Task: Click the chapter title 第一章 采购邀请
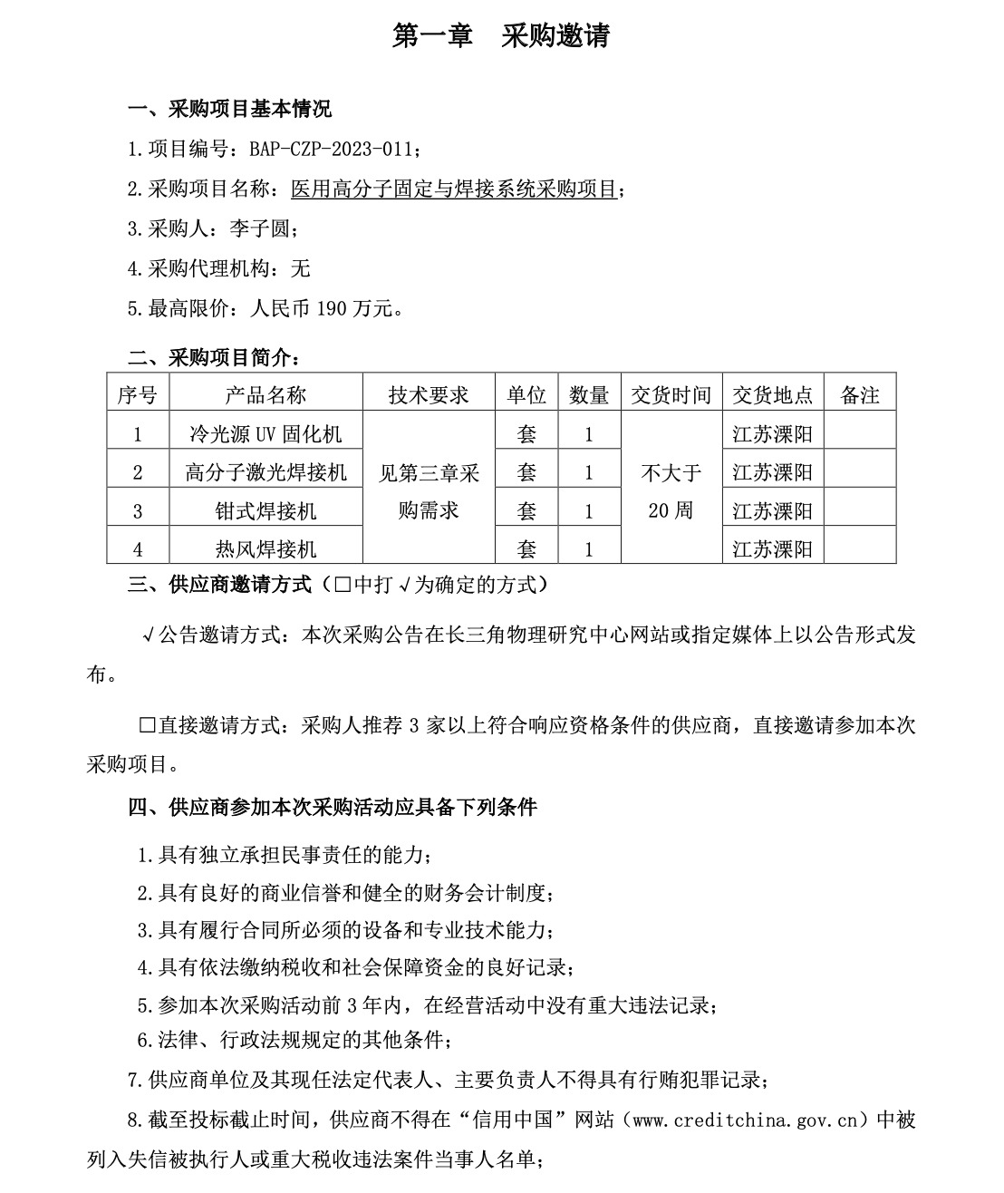pos(501,35)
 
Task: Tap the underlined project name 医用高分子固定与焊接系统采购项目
pos(453,189)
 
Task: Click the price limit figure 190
pos(332,309)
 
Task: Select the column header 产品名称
pos(265,395)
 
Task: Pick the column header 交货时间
pos(671,395)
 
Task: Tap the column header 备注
pos(859,395)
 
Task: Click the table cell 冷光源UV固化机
pos(265,434)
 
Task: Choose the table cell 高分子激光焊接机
pos(265,472)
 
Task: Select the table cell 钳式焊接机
pos(265,511)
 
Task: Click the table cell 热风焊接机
pos(265,549)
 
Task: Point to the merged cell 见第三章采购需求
pos(429,491)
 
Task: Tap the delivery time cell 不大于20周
pos(671,491)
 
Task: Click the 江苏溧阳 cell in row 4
pos(772,549)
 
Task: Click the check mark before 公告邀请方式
pos(148,635)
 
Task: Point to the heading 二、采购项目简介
pos(214,358)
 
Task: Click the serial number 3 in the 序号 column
pos(138,511)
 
